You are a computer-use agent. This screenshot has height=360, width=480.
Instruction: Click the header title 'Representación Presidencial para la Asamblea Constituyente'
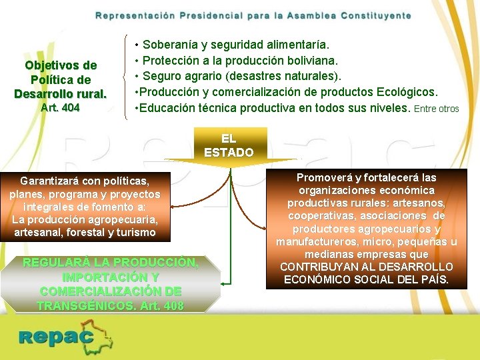tap(253, 15)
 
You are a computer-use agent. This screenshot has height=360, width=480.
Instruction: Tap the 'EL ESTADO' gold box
tap(229, 145)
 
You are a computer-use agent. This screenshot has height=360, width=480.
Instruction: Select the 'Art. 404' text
tap(61, 107)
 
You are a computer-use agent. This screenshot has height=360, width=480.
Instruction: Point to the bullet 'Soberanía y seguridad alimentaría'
tap(233, 45)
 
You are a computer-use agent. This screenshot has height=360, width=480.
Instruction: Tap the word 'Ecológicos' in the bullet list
tap(408, 91)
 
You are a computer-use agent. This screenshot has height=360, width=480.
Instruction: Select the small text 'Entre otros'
tap(437, 109)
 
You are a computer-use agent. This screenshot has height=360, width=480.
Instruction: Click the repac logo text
tap(57, 337)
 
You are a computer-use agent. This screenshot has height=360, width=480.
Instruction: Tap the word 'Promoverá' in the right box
tap(327, 177)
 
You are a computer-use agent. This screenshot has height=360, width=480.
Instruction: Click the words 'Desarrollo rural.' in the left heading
tap(61, 93)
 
